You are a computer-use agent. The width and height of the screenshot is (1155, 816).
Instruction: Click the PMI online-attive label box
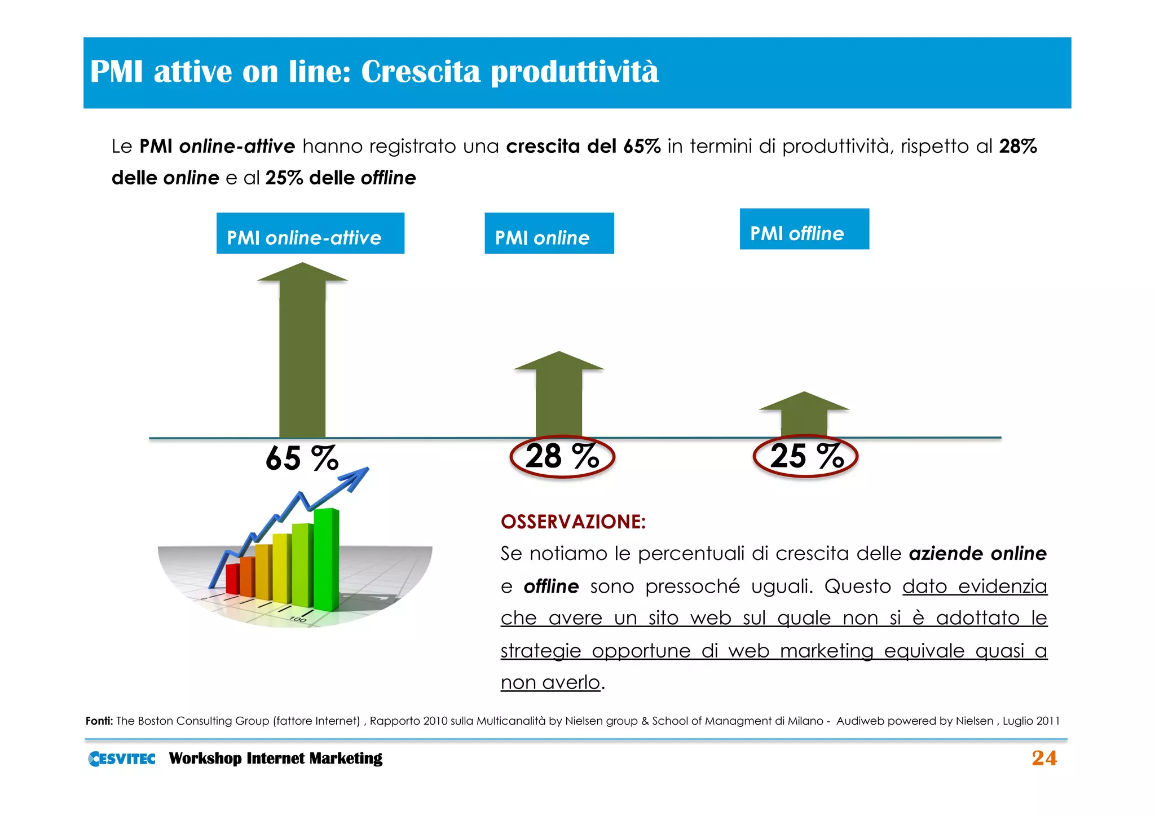pyautogui.click(x=310, y=233)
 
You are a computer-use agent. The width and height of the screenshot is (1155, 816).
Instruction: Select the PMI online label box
pyautogui.click(x=549, y=233)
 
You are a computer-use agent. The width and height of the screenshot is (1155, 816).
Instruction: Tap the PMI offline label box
pyautogui.click(x=804, y=230)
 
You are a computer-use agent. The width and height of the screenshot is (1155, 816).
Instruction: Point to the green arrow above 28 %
pyautogui.click(x=558, y=395)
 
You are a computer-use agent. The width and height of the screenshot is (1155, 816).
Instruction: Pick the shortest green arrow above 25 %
pyautogui.click(x=804, y=414)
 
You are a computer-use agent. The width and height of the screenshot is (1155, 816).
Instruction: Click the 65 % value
pyautogui.click(x=302, y=458)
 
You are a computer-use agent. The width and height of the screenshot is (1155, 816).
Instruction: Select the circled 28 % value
pyautogui.click(x=562, y=456)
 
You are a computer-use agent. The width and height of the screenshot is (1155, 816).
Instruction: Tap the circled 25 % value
pyautogui.click(x=805, y=456)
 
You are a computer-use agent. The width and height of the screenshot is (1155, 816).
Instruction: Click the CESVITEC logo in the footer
pyautogui.click(x=122, y=758)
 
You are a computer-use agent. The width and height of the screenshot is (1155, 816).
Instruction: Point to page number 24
pyautogui.click(x=1044, y=758)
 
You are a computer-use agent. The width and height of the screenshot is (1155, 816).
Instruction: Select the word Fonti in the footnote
pyautogui.click(x=99, y=721)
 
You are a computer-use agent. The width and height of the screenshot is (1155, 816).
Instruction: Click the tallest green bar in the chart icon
pyautogui.click(x=326, y=558)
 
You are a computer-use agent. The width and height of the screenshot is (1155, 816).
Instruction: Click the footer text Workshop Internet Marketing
pyautogui.click(x=275, y=758)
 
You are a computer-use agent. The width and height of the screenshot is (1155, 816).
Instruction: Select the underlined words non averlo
pyautogui.click(x=550, y=683)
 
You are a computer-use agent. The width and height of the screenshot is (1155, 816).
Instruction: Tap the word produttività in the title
pyautogui.click(x=574, y=72)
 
